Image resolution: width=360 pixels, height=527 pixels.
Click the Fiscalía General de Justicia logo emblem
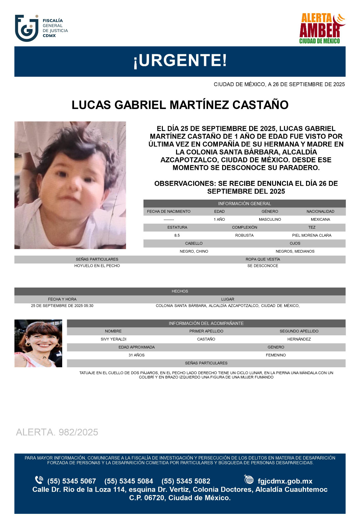coord(27,28)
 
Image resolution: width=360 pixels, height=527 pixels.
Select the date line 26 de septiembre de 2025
coord(279,84)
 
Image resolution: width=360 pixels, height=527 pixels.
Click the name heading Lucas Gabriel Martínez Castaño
coord(180,105)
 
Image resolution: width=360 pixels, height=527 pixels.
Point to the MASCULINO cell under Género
coord(270,219)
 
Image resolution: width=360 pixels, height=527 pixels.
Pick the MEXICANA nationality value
coord(320,219)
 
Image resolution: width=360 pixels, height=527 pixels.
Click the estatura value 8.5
coord(177,236)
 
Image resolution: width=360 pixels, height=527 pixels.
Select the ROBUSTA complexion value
coord(244,236)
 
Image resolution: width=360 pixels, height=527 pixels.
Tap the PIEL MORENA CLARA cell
coord(312,236)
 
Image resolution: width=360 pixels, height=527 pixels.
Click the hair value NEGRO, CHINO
coord(194,251)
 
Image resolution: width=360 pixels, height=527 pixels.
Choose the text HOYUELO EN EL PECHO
coord(97,266)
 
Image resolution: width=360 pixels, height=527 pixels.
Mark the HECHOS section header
coord(180,291)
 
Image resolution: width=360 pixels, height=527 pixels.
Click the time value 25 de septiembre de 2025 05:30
coord(62,306)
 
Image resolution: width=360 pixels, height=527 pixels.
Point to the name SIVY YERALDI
coord(114,339)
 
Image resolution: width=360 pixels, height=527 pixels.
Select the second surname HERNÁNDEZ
coord(299,339)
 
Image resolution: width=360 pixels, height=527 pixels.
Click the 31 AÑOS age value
coord(137,355)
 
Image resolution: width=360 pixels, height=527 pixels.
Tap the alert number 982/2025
coord(57,432)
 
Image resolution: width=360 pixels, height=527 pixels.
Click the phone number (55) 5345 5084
coord(129,481)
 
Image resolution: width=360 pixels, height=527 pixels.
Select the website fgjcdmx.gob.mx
coord(285,481)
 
